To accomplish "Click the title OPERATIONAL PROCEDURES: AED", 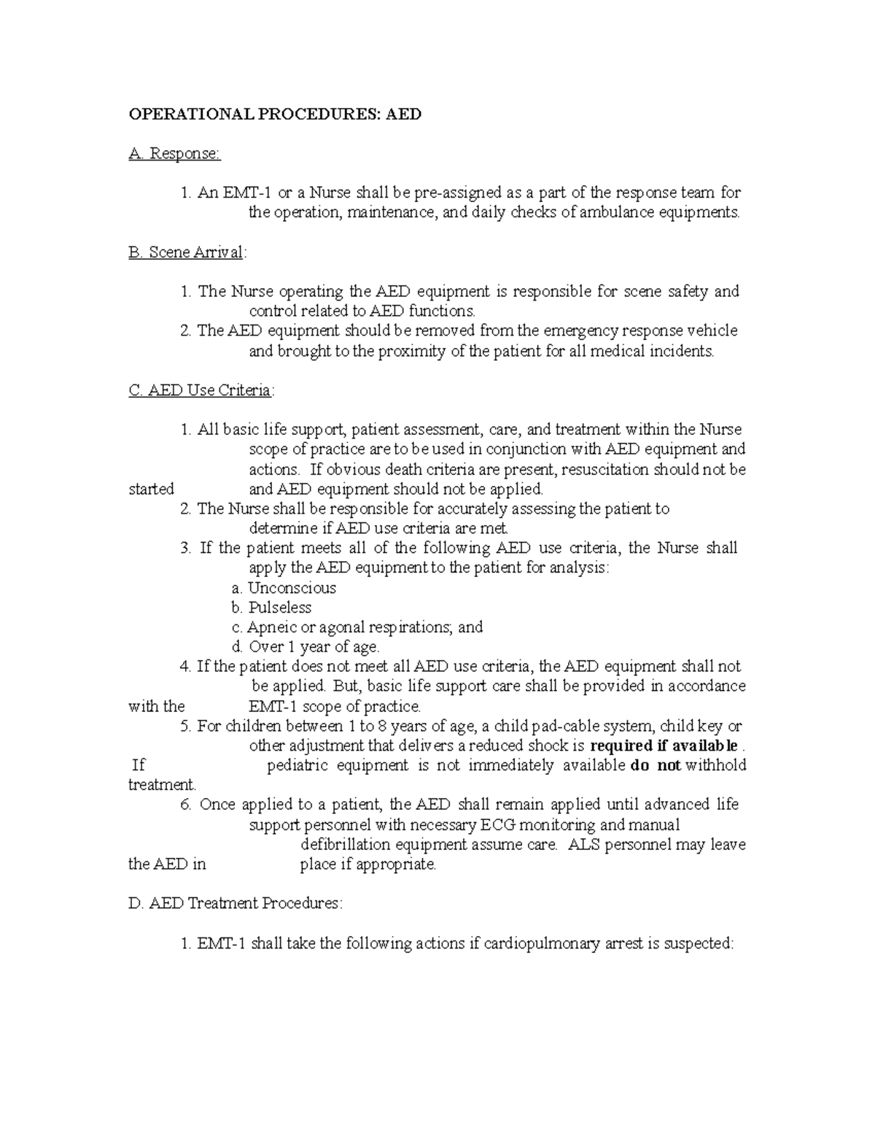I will point(275,115).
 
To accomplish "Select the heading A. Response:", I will point(174,154).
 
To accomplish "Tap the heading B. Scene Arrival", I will point(187,252).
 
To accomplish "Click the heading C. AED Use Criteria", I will point(200,390).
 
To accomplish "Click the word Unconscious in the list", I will point(292,588).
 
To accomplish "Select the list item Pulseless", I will point(279,608).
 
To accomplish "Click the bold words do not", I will point(656,765).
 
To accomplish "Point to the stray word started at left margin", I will point(151,490).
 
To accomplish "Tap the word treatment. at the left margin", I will point(163,785).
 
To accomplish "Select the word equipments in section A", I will point(700,213).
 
